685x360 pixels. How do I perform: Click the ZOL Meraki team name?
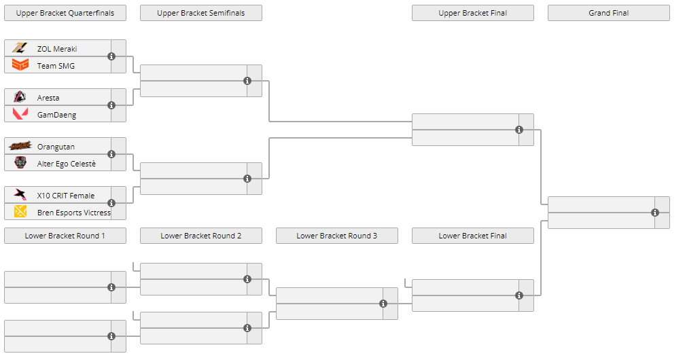point(57,49)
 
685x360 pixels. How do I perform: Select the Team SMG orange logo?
point(20,65)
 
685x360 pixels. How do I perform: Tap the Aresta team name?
point(48,98)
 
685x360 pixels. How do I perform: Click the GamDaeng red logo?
point(20,114)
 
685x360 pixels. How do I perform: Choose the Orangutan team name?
point(56,147)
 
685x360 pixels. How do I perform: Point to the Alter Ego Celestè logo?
point(20,163)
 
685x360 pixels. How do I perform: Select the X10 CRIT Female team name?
point(66,196)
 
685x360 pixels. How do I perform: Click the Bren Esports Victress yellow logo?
point(20,212)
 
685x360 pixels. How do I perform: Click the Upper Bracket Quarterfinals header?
point(65,13)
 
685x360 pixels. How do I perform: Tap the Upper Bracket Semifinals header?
point(201,13)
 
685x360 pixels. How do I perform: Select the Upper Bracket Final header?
point(473,13)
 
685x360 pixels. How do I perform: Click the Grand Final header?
point(609,13)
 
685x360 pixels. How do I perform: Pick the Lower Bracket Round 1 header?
point(65,236)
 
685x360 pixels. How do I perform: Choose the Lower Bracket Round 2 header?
point(201,236)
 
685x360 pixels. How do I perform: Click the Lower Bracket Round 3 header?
point(337,236)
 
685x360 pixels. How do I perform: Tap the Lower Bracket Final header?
point(473,236)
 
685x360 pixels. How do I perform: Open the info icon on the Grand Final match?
point(655,213)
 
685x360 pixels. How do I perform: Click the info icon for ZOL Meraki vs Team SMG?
point(111,56)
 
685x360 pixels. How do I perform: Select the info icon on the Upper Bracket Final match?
point(519,130)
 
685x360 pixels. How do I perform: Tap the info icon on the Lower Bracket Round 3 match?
point(383,304)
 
